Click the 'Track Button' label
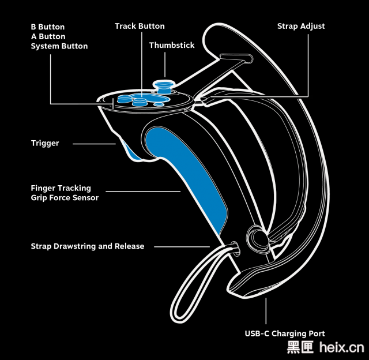pyautogui.click(x=140, y=26)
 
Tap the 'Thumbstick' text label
pyautogui.click(x=172, y=45)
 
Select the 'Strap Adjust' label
pyautogui.click(x=301, y=26)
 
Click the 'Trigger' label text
pyautogui.click(x=45, y=142)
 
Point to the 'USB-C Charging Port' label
pyautogui.click(x=285, y=333)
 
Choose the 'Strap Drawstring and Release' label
pyautogui.click(x=88, y=246)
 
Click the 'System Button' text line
pyautogui.click(x=59, y=46)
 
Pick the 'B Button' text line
pyautogui.click(x=47, y=27)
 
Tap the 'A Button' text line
pyautogui.click(x=47, y=36)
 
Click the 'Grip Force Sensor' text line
pyautogui.click(x=65, y=198)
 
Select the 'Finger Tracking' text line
pyautogui.click(x=61, y=188)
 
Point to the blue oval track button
pyautogui.click(x=140, y=97)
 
